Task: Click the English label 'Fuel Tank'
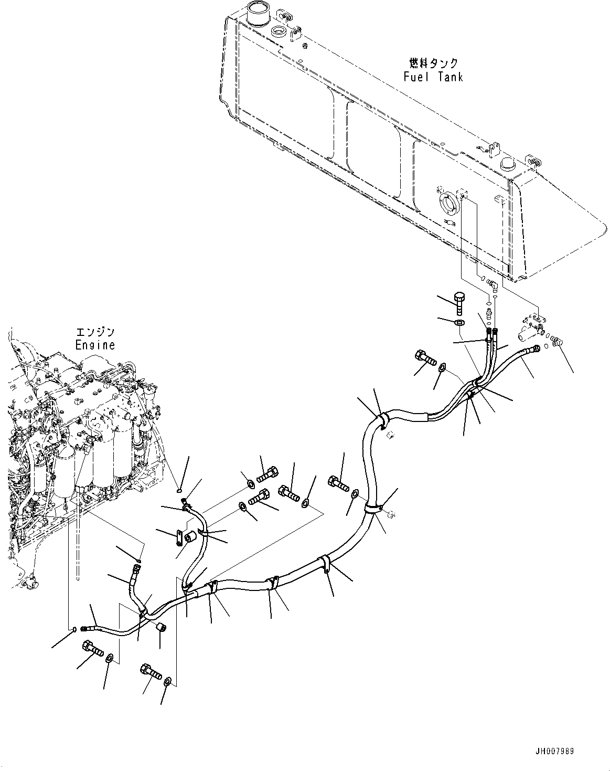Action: click(433, 77)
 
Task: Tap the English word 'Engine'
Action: click(94, 345)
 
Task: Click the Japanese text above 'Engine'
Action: click(95, 332)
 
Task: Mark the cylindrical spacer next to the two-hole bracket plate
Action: click(192, 536)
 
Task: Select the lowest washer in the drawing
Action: click(167, 682)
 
